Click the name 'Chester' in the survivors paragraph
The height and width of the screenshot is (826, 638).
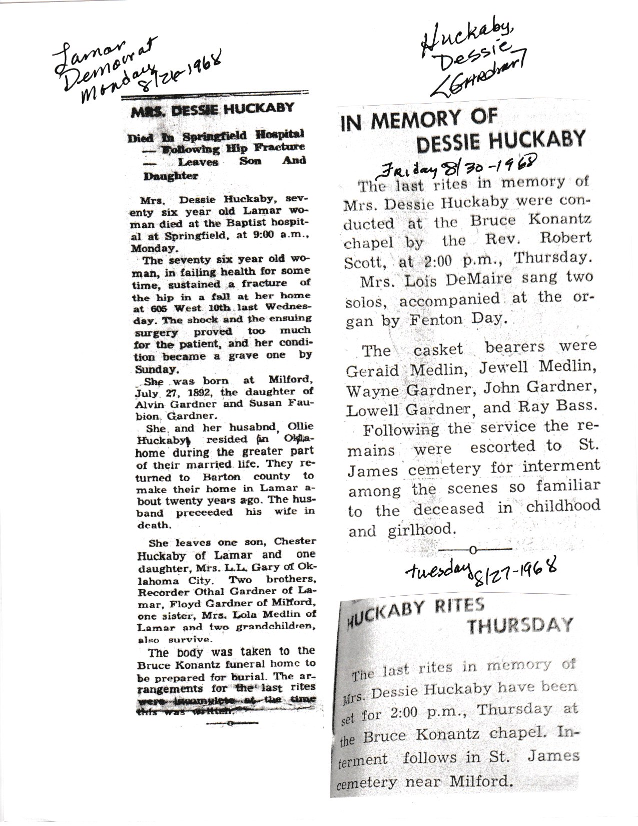294,542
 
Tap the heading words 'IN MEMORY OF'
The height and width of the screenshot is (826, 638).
419,120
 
